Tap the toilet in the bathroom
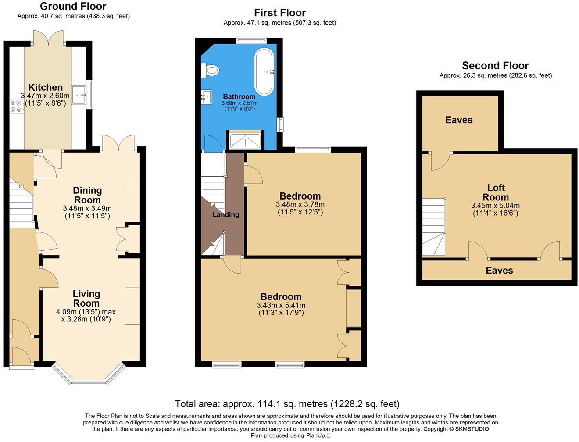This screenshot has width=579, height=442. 211,70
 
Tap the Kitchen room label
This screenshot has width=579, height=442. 46,87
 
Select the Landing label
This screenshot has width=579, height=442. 225,214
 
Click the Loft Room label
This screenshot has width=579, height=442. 496,192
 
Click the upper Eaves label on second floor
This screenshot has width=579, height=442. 459,120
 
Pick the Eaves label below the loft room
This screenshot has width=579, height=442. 499,271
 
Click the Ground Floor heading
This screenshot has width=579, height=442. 73,6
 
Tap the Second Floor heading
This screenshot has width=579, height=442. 495,66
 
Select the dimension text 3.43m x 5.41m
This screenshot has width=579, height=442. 281,305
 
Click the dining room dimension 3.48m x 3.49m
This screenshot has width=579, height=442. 87,208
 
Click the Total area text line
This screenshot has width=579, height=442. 287,404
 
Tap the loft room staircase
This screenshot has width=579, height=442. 434,227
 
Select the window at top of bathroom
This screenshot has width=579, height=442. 251,40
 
